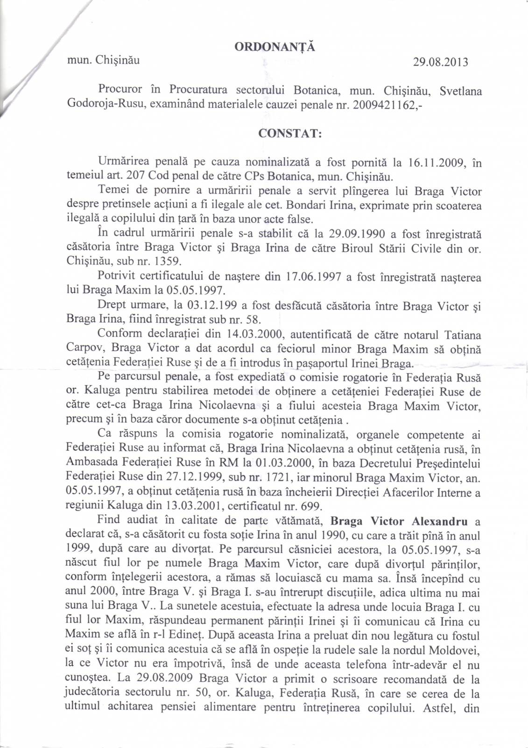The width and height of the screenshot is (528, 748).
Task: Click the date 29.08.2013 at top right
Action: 440,62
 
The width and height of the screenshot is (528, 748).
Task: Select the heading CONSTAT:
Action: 290,133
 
